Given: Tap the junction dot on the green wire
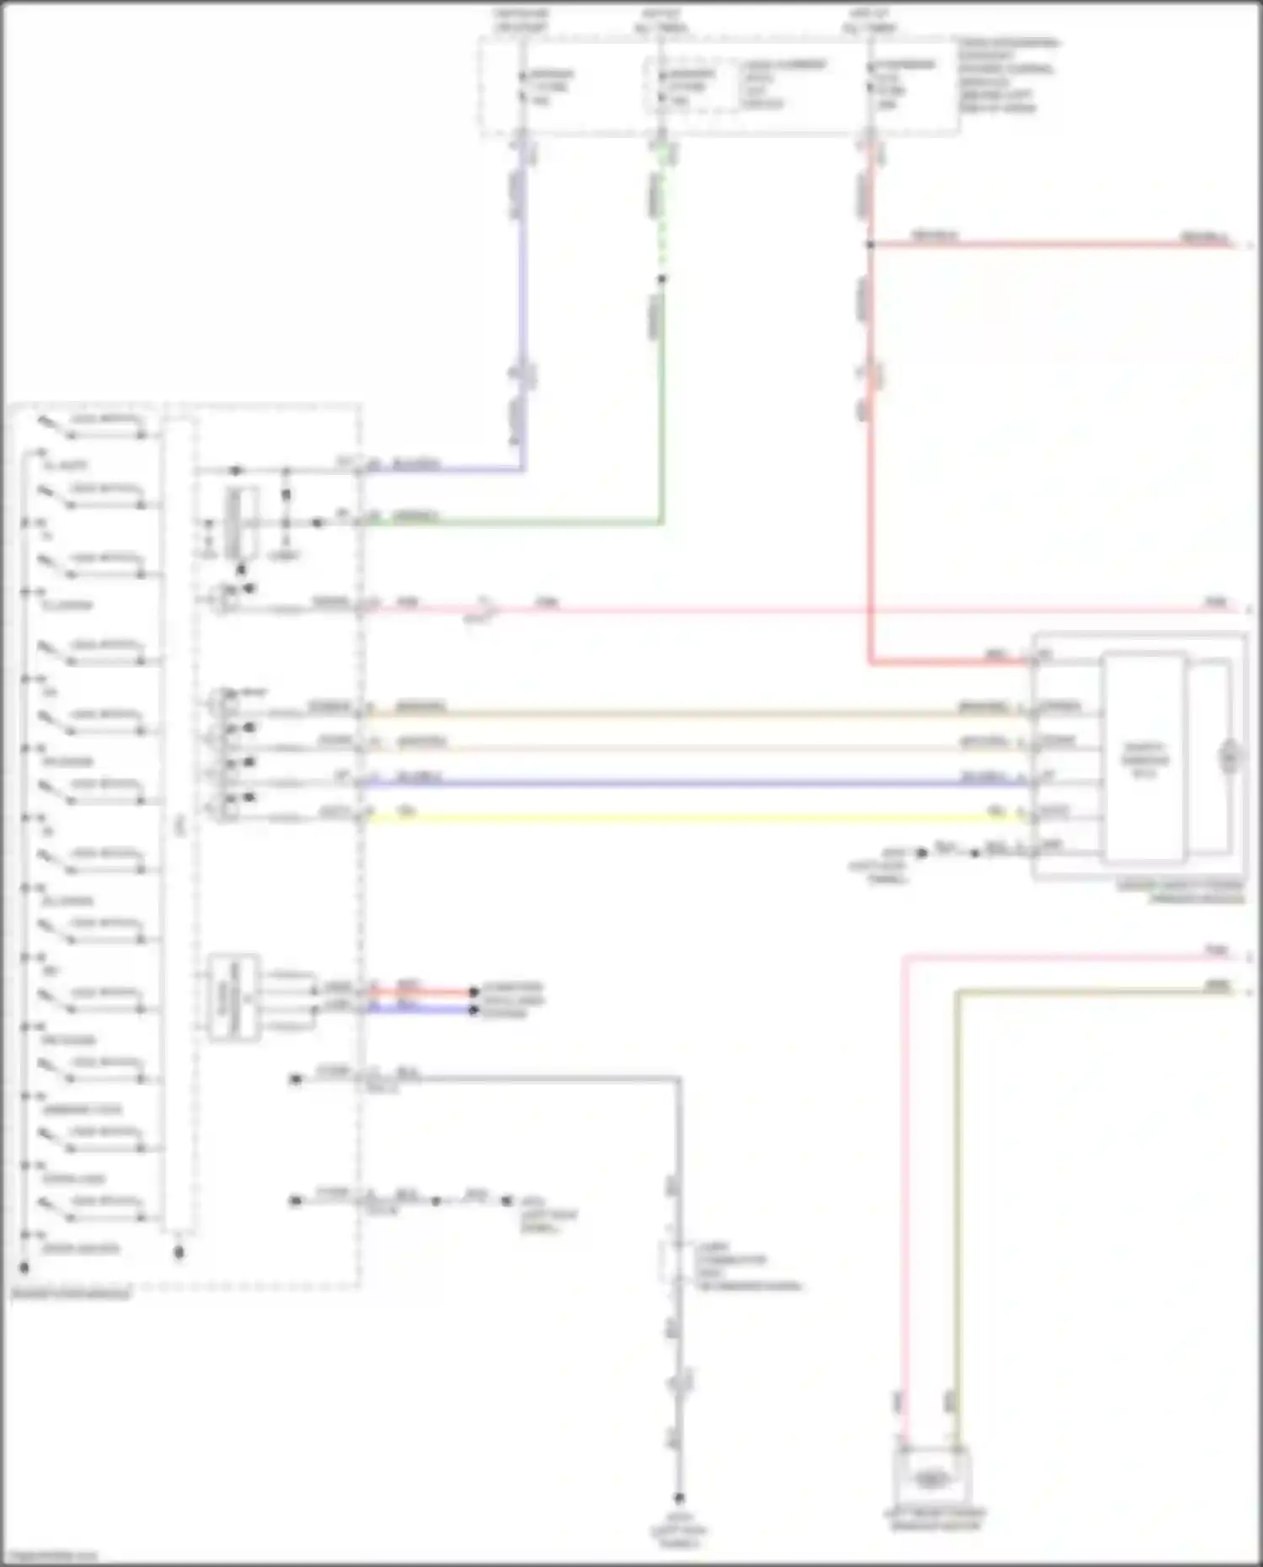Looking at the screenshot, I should (x=662, y=279).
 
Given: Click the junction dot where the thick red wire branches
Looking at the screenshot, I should (x=870, y=244).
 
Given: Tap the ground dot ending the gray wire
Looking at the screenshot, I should (x=679, y=1498).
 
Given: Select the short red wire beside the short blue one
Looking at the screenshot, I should (x=421, y=992).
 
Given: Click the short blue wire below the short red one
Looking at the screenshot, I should (x=421, y=1008).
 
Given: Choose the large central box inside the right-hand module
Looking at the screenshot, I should (x=1143, y=758).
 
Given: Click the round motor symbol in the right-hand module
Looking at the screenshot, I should (x=1230, y=758).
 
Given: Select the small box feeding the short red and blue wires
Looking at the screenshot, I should (x=234, y=998).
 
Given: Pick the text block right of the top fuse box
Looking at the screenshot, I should (x=1006, y=75).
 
